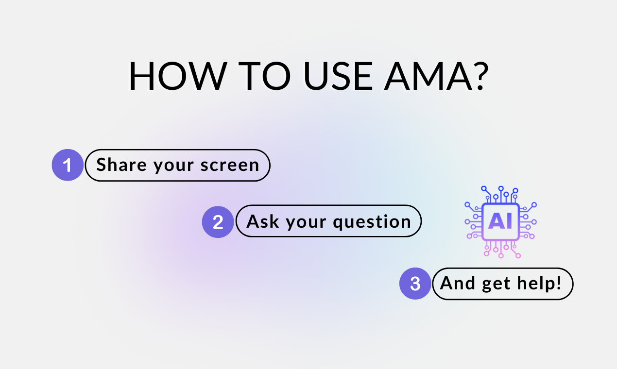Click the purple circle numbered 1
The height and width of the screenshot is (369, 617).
click(x=68, y=165)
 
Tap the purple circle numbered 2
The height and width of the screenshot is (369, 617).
click(x=218, y=222)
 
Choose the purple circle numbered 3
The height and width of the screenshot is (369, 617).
click(x=415, y=284)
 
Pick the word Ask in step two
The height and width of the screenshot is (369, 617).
click(x=263, y=222)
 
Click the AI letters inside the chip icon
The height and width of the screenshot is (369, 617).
click(x=500, y=221)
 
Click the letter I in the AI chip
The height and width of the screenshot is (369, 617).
click(x=509, y=221)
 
